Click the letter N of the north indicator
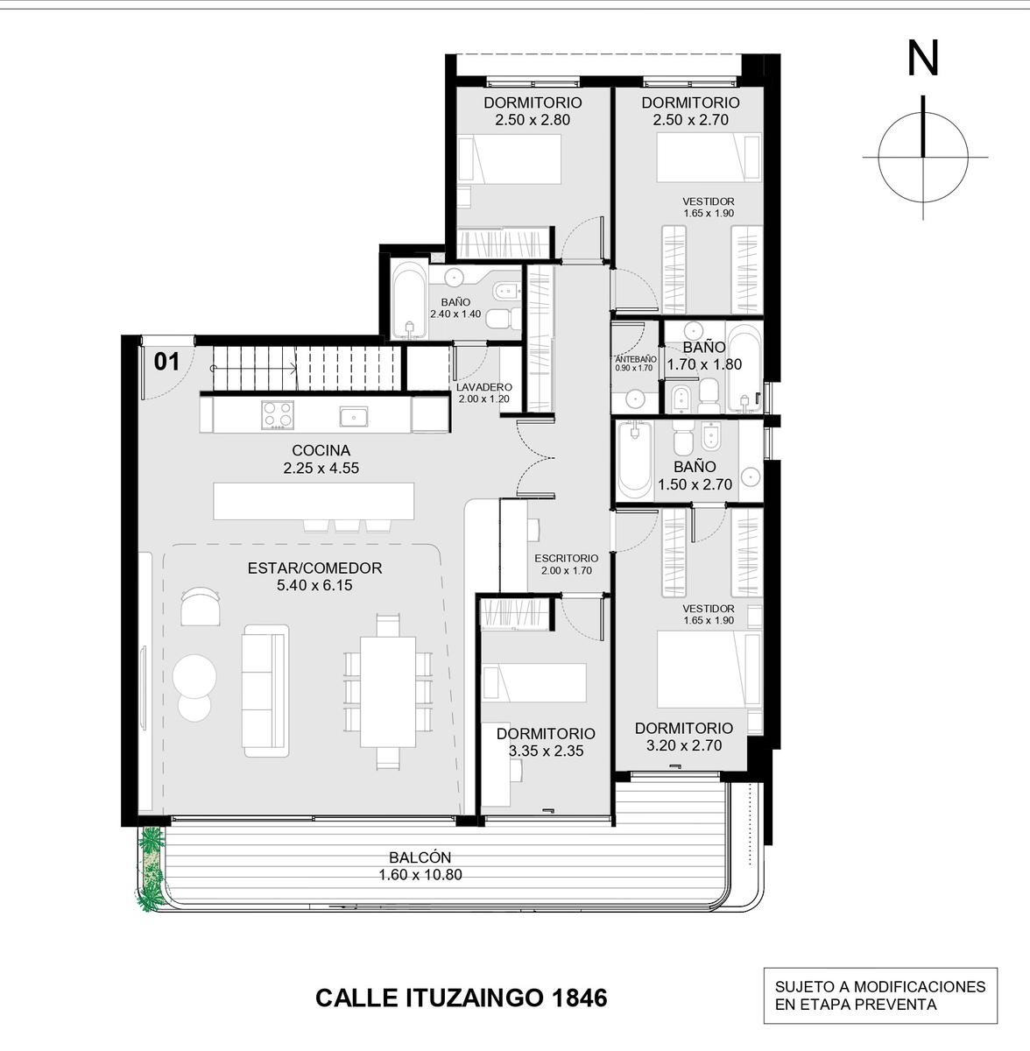tap(922, 59)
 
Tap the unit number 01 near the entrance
tap(166, 362)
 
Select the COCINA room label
tap(321, 450)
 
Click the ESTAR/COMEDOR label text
tap(314, 568)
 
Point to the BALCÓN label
tap(420, 857)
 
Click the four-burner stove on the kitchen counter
tap(278, 413)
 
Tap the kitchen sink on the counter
tap(354, 416)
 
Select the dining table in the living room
tap(387, 692)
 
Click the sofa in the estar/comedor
tap(265, 691)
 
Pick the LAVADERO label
tap(483, 387)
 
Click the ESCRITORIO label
tap(567, 559)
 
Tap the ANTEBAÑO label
tap(636, 359)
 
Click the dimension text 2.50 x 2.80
tap(533, 120)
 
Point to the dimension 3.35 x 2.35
tap(547, 751)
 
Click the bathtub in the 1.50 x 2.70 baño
tap(634, 458)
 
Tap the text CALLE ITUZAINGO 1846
tap(461, 998)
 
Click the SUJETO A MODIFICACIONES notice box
tap(880, 995)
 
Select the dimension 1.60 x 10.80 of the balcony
tap(420, 875)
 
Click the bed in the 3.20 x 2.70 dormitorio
tap(709, 669)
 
